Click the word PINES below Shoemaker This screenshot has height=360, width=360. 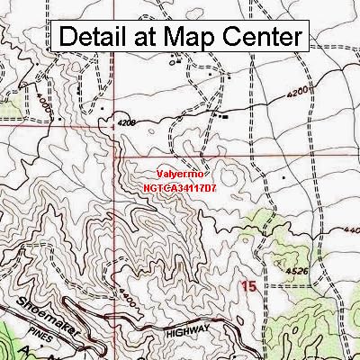click(60, 329)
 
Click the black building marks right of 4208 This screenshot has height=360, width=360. click(221, 115)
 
